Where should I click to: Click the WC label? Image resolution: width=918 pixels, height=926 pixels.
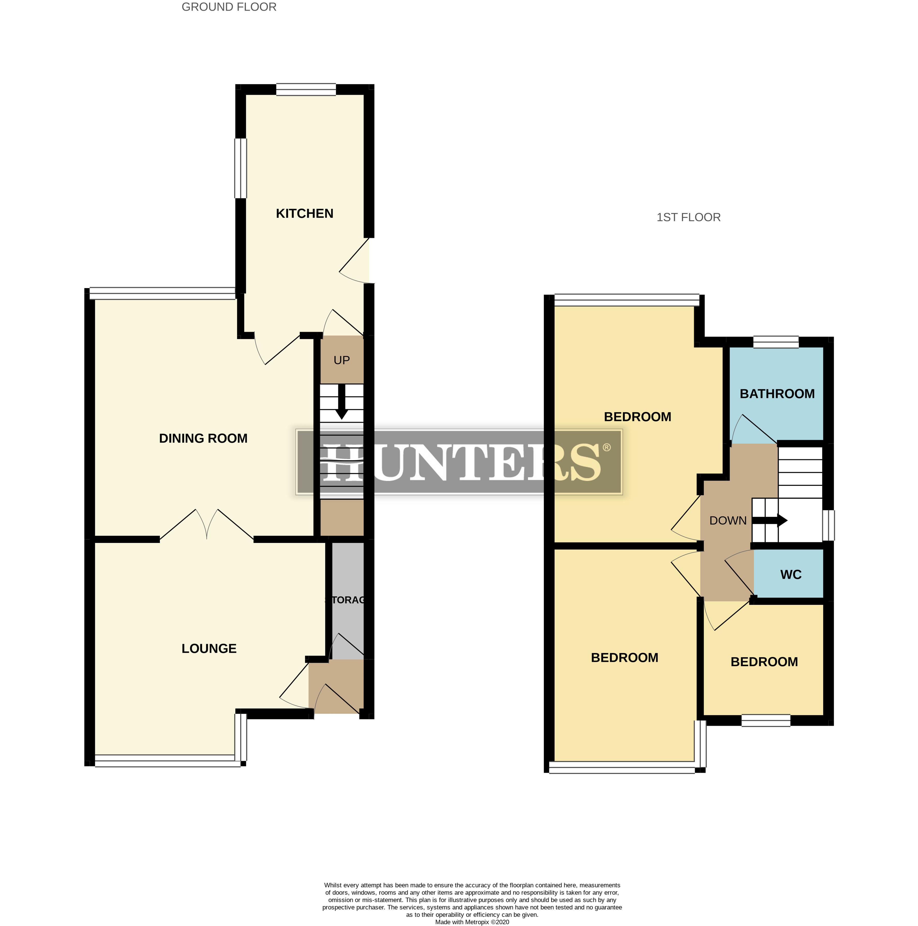pos(790,575)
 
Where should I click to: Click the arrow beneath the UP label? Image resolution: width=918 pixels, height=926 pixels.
pos(342,402)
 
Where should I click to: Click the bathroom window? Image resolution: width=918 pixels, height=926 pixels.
pos(776,342)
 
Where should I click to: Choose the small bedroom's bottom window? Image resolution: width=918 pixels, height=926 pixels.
pos(766,721)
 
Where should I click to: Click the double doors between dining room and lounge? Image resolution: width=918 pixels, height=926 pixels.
pos(206,525)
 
